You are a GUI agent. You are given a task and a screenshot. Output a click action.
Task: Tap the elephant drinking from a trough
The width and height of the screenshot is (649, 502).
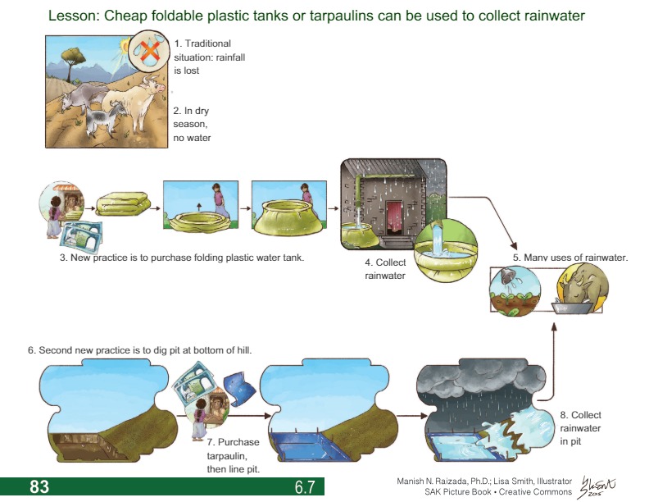point(583,289)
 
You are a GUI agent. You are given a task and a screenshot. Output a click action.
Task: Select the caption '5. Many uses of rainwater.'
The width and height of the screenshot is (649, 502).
point(570,258)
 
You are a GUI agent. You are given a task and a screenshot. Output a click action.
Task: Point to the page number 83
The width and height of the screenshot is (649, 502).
point(39,487)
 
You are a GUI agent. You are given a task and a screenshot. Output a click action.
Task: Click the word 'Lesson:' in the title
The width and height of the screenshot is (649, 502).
point(73,16)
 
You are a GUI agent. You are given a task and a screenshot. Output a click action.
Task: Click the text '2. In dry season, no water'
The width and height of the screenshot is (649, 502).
point(193,124)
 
